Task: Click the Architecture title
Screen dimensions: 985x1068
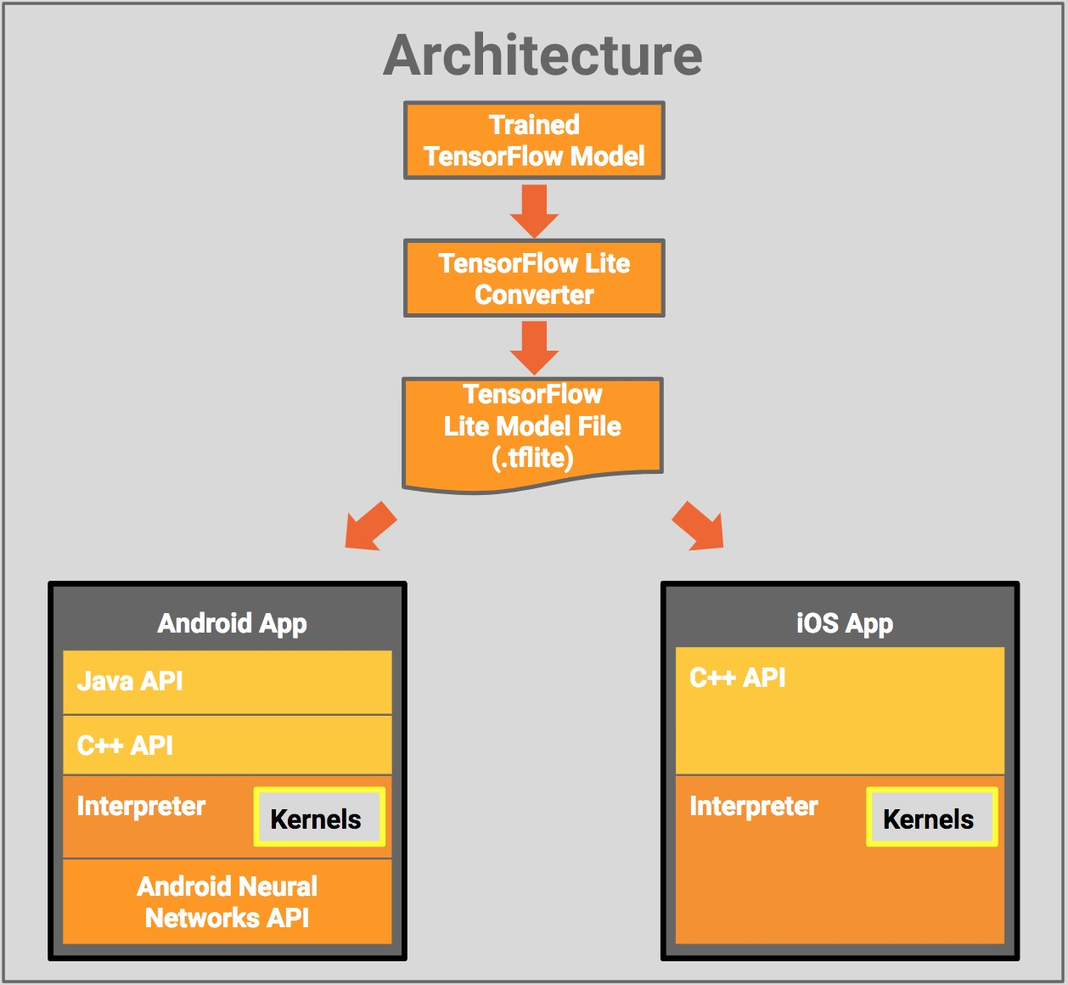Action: [x=542, y=56]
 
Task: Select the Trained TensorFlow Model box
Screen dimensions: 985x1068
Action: [x=534, y=140]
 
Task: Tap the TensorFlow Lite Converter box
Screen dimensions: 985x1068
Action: [x=534, y=279]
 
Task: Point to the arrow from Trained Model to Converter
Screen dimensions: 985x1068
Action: [x=534, y=210]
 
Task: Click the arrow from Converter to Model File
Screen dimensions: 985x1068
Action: [x=534, y=346]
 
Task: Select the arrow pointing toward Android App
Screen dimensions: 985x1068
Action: [x=370, y=527]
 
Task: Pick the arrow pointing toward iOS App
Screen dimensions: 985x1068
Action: [x=699, y=527]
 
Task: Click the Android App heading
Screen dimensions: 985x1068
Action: [x=232, y=623]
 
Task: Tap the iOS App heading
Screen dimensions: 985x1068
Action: [x=844, y=623]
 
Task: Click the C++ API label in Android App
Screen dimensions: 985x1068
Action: [x=125, y=746]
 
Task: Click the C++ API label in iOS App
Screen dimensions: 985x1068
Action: [x=737, y=678]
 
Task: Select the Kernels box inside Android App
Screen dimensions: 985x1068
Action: [x=318, y=818]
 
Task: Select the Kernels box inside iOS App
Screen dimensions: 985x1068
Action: [x=930, y=818]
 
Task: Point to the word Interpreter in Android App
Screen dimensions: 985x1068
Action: [x=141, y=806]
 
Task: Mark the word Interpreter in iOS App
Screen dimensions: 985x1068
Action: [x=753, y=806]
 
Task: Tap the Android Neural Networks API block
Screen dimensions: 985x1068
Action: [x=228, y=902]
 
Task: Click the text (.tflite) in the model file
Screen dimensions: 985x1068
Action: [x=532, y=459]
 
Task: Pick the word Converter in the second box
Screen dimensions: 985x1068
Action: [x=534, y=295]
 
